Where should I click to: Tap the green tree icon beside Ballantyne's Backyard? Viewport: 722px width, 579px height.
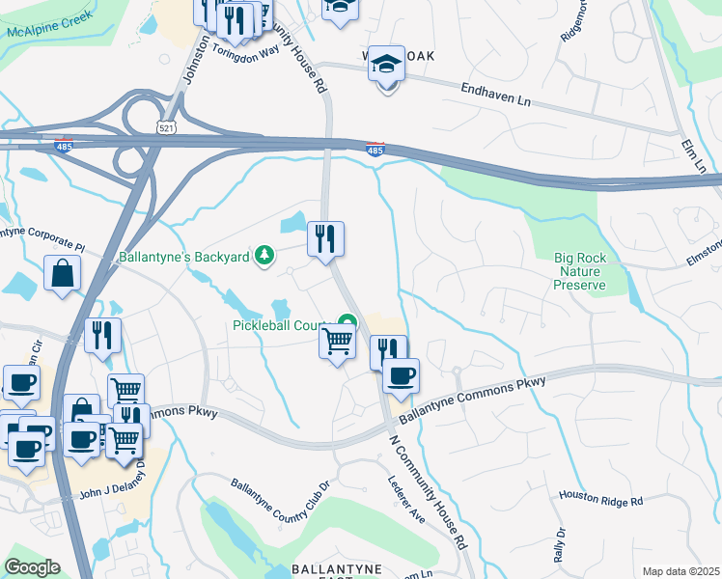[262, 256]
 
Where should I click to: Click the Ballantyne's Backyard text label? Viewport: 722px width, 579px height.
[183, 258]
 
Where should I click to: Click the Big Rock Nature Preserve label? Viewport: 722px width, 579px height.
[580, 271]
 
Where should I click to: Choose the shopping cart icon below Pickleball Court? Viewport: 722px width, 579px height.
[337, 342]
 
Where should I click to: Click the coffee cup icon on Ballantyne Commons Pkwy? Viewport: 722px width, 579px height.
[401, 375]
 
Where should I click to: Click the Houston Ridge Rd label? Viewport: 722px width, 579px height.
[600, 497]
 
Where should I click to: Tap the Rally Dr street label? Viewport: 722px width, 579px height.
[560, 545]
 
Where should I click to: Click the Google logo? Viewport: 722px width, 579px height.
[32, 567]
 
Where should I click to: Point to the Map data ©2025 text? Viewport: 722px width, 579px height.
[680, 571]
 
